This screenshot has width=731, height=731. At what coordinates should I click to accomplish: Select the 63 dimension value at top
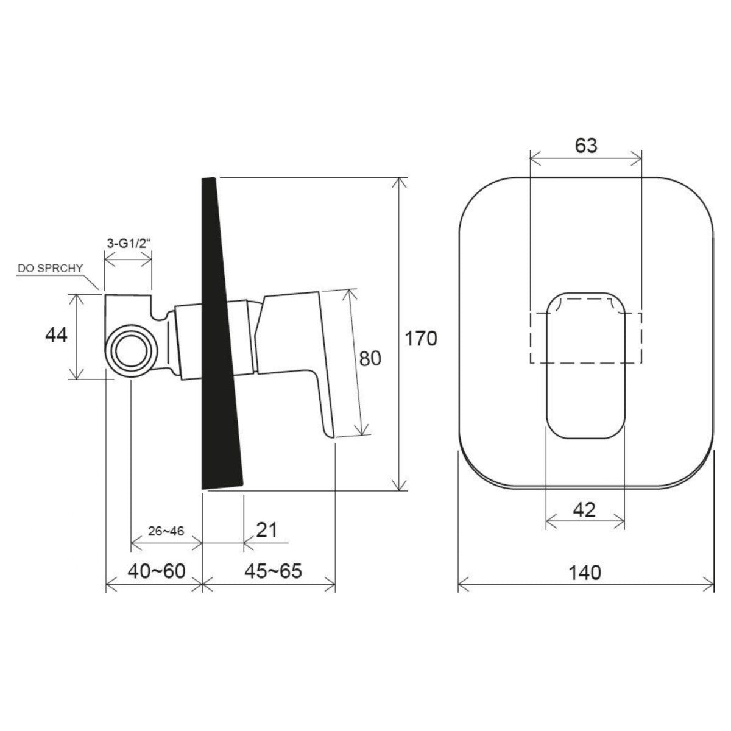coord(585,146)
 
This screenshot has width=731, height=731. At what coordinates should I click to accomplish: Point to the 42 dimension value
coord(584,510)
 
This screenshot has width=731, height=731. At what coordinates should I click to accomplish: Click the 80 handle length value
coord(370,358)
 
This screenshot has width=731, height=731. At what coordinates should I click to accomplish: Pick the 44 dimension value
coord(56,335)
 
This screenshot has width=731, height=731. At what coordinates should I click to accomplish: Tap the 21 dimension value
coord(267,530)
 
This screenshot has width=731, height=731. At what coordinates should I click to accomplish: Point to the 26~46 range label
coord(166,531)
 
